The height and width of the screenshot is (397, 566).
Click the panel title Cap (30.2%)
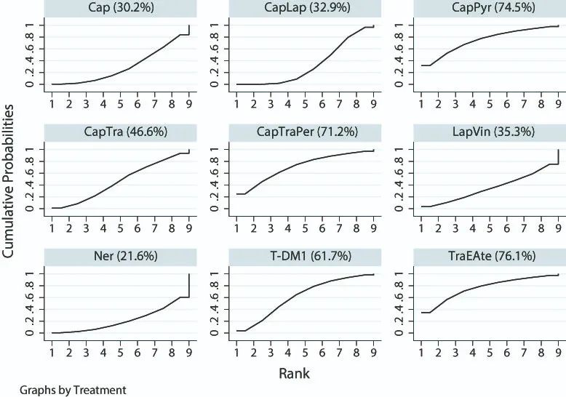pos(120,9)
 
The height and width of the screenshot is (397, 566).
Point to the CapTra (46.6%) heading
pos(120,133)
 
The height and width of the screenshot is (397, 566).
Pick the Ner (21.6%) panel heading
pos(120,257)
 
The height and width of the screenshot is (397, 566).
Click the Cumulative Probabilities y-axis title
pos(9,182)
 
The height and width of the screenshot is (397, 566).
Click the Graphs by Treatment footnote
pos(63,390)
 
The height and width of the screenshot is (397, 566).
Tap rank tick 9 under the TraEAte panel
pos(557,352)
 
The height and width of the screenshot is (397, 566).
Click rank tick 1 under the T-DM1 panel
pos(236,352)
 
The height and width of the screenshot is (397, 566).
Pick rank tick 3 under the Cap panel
pos(86,103)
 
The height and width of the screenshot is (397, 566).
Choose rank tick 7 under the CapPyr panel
pos(523,103)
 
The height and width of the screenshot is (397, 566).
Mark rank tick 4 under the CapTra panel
pos(103,228)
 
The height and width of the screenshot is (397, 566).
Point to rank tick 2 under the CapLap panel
pos(253,103)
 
